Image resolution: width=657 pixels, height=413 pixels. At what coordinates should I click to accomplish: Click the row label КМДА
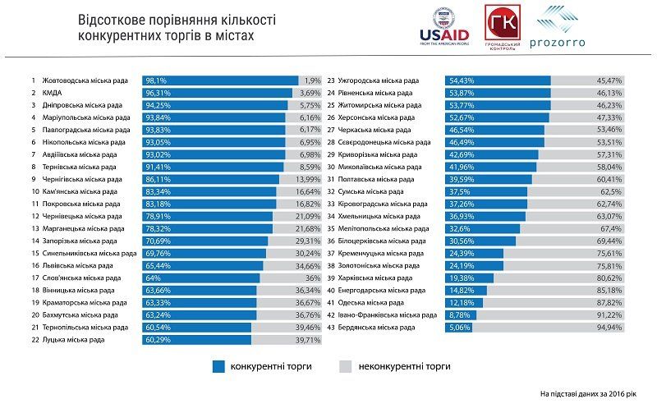point(52,93)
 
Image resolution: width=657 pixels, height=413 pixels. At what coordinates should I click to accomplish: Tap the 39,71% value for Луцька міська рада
point(308,339)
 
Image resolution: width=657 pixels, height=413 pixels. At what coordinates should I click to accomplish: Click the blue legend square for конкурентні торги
point(218,366)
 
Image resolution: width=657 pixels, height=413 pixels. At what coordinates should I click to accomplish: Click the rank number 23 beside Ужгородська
point(331,80)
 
